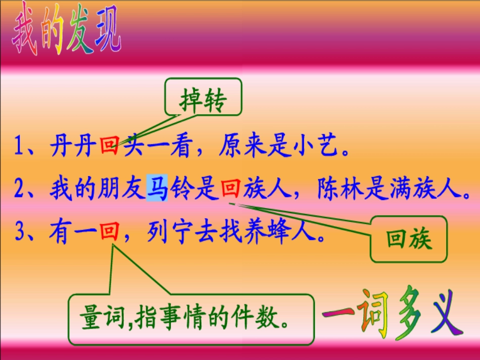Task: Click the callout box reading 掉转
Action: tap(203, 101)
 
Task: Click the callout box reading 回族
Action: tap(409, 239)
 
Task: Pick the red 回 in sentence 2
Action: tap(230, 189)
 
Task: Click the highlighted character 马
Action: tap(157, 189)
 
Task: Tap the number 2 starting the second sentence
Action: tap(20, 190)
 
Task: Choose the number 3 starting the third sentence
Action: tap(20, 233)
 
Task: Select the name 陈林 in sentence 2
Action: tap(340, 189)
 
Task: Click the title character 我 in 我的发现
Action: tap(25, 35)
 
